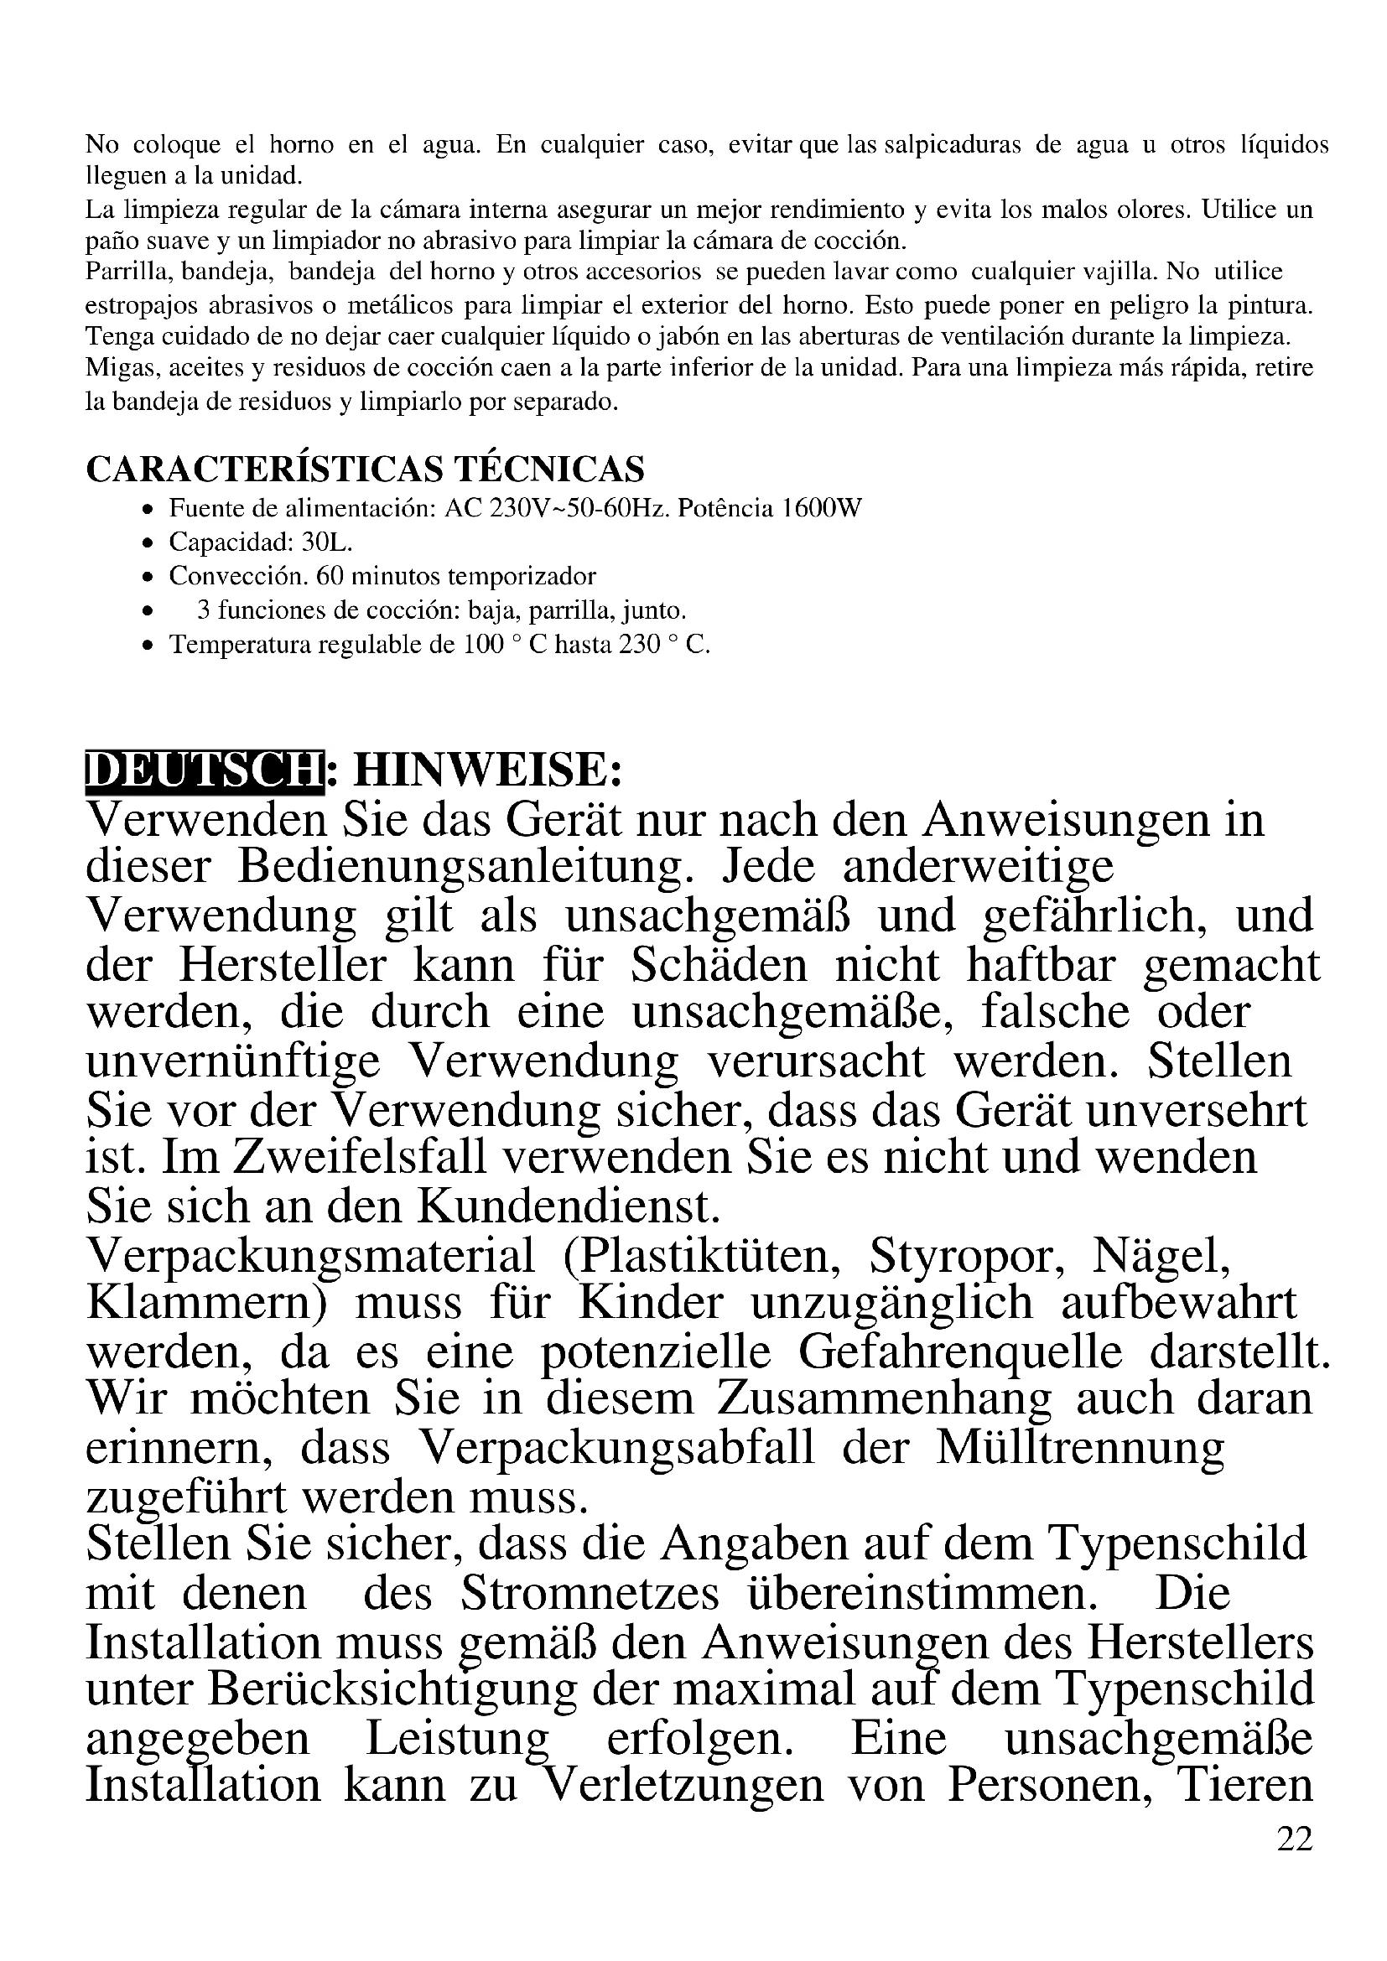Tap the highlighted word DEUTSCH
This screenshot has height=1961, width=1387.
(205, 770)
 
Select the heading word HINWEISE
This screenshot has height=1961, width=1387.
(486, 770)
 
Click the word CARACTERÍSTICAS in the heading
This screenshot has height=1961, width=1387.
(266, 469)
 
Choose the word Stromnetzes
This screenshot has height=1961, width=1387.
(590, 1594)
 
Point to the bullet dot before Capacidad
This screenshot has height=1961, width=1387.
(148, 543)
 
